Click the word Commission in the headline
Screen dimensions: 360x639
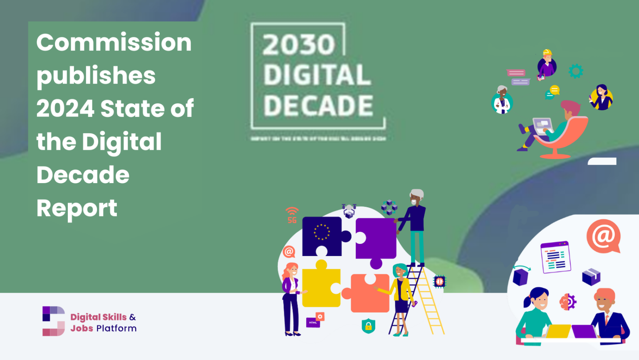point(114,42)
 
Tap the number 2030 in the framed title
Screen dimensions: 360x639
point(299,45)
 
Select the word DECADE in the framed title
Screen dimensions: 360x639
point(318,106)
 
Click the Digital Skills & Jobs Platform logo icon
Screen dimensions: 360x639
point(54,321)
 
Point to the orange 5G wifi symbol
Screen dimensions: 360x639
point(292,215)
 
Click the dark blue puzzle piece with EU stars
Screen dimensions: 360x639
point(322,236)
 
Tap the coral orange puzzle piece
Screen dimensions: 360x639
point(369,293)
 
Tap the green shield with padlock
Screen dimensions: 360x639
point(368,326)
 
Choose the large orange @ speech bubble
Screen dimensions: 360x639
point(603,236)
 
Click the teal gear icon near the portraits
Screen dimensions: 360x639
point(576,71)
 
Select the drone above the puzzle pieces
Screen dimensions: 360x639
point(349,210)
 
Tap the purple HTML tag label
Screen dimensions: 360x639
point(313,323)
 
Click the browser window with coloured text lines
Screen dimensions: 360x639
point(555,257)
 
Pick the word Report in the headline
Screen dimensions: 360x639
point(77,208)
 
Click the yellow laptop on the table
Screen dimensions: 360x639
point(558,331)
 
